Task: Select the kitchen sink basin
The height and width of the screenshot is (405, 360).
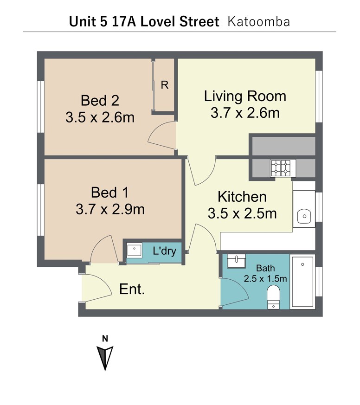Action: coord(304,216)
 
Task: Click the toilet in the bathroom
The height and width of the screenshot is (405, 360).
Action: coord(273,297)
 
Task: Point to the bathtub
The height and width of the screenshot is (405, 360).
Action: coord(302,282)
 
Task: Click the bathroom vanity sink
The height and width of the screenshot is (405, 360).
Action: coord(236,261)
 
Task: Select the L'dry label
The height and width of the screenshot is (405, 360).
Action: coord(165,251)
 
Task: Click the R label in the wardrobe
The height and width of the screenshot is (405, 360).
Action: coord(165,85)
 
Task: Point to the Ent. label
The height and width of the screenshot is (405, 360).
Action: coord(132,289)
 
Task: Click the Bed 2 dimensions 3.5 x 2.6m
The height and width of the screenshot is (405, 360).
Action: coord(100,117)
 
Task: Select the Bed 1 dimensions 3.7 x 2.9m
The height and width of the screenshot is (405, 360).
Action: coord(110,210)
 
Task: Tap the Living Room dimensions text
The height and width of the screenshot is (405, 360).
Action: coord(245,113)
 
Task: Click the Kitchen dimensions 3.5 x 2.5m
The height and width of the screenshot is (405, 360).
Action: coord(242,213)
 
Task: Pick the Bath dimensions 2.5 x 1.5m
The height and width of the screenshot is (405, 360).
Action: coord(265,279)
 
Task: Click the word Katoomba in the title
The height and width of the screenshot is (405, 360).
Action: coord(259,22)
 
